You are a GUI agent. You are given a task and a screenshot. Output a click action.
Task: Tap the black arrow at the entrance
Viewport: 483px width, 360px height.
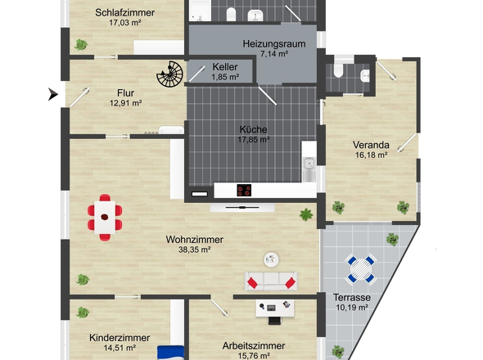[54, 94]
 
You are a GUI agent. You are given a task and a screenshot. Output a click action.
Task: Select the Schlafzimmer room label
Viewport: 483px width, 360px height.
[125, 12]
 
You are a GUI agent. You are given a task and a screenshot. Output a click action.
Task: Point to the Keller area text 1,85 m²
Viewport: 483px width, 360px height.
[224, 77]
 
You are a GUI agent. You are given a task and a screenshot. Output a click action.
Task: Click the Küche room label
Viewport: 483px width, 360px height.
[254, 129]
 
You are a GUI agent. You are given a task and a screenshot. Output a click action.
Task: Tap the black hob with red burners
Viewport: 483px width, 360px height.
[244, 191]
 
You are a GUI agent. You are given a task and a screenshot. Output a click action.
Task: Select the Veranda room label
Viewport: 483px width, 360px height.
[371, 143]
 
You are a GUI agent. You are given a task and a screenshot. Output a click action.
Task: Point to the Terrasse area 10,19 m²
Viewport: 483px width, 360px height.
[352, 308]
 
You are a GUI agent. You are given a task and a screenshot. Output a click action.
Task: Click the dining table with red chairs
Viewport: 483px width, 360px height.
[105, 217]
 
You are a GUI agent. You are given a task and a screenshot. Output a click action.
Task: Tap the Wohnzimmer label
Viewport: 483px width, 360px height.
[194, 240]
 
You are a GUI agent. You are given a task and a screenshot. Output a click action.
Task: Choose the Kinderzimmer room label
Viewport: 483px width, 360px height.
[120, 337]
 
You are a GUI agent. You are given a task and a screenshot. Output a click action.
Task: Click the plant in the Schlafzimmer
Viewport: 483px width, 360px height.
[80, 44]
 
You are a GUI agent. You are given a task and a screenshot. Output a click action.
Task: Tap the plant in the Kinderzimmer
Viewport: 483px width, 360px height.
[81, 313]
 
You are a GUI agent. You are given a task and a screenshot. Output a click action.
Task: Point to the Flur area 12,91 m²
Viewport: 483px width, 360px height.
[126, 103]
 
